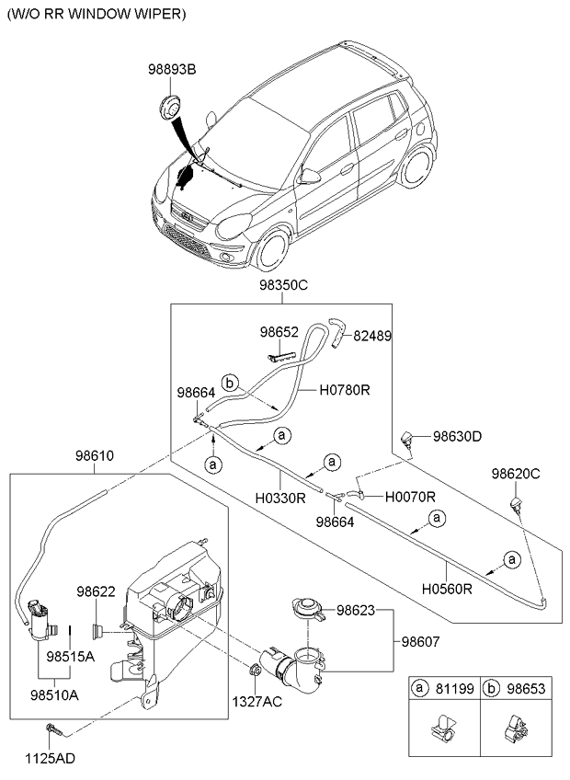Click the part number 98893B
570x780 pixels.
pyautogui.click(x=172, y=67)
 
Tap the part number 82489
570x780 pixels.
pyautogui.click(x=373, y=337)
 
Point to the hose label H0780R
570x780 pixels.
pyautogui.click(x=345, y=390)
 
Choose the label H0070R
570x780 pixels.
pyautogui.click(x=409, y=497)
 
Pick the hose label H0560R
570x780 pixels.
pyautogui.click(x=447, y=588)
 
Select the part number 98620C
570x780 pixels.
pyautogui.click(x=515, y=474)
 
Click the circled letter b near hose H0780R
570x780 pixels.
pyautogui.click(x=231, y=382)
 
